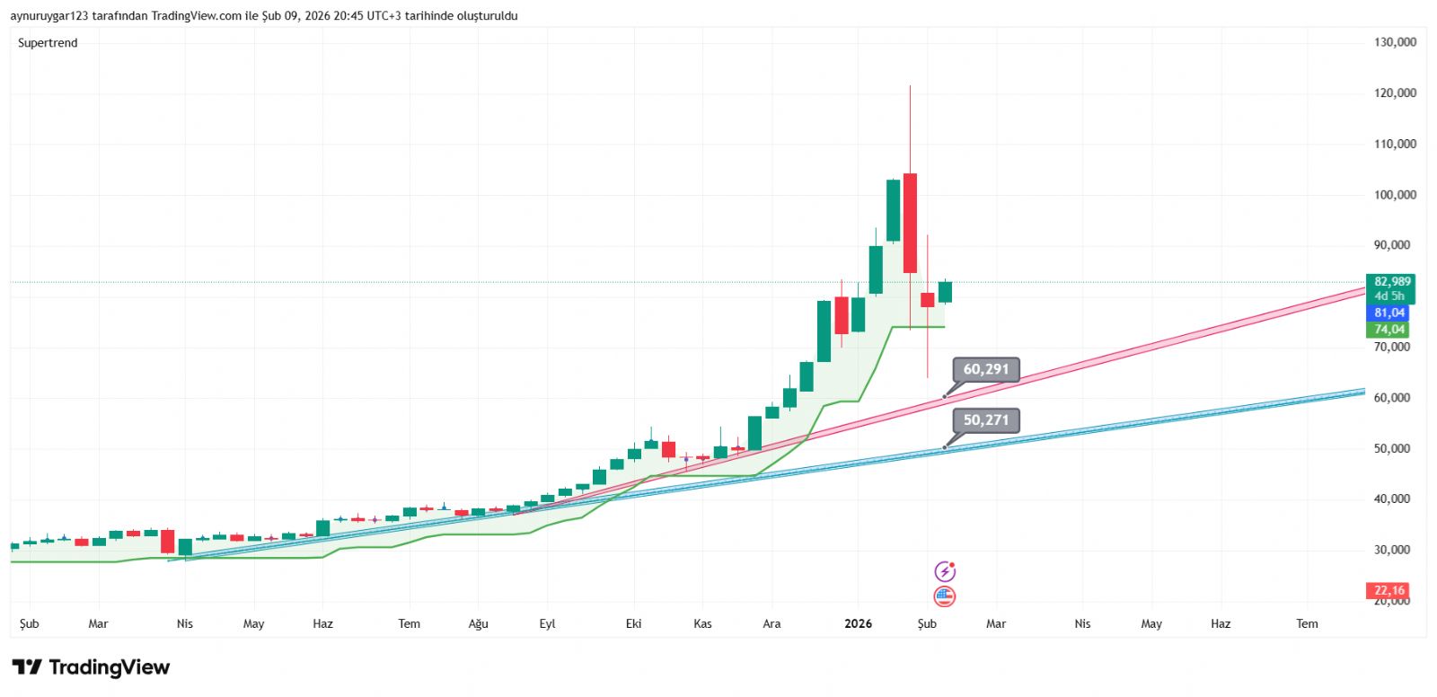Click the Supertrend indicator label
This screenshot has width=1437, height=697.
click(48, 43)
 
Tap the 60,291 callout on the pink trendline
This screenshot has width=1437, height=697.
click(985, 369)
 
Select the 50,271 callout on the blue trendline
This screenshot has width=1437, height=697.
click(985, 420)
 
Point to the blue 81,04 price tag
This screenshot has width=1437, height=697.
click(1389, 313)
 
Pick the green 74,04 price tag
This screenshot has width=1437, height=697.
click(1389, 330)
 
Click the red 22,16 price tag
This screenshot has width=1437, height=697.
click(1389, 590)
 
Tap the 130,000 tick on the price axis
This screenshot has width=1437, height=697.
click(1395, 42)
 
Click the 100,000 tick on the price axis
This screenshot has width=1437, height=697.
click(1395, 195)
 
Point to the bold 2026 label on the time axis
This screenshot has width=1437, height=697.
click(858, 623)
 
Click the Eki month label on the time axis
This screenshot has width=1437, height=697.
click(633, 623)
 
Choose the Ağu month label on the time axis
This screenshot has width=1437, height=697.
click(478, 623)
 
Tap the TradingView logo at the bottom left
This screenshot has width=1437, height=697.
click(91, 667)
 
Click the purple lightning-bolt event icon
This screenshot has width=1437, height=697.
click(945, 571)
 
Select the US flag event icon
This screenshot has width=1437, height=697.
click(945, 596)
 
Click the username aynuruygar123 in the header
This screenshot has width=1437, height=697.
click(49, 16)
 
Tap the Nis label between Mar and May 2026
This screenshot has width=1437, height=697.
click(1082, 623)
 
